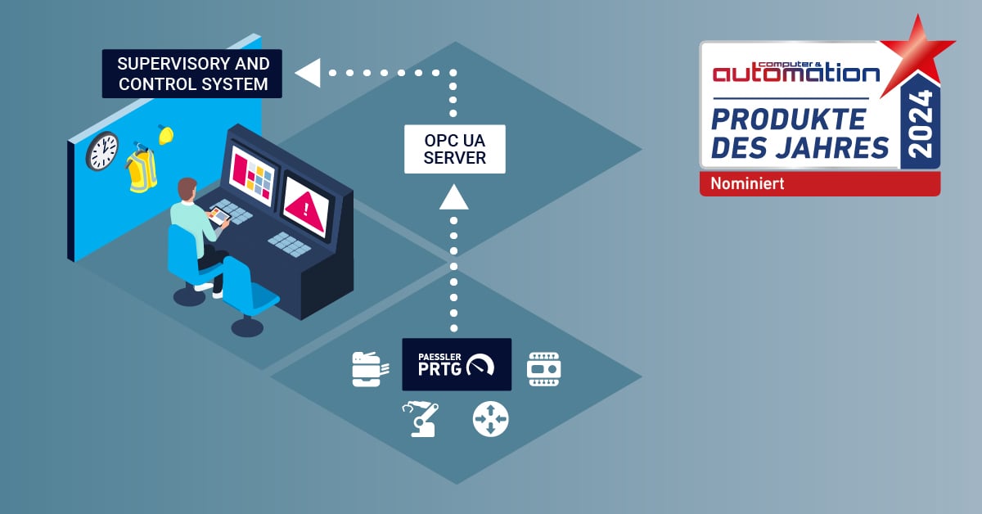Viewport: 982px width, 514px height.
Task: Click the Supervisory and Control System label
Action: (192, 74)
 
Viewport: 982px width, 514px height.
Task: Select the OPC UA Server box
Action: (455, 149)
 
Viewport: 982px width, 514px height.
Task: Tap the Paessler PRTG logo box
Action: (457, 364)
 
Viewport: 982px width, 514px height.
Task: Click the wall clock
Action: (102, 151)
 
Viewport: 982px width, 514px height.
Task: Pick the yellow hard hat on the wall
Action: (166, 135)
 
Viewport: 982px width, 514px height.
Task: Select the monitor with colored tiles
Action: (252, 175)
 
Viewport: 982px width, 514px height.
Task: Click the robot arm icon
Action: (421, 418)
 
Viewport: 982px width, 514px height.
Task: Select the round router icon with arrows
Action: (491, 418)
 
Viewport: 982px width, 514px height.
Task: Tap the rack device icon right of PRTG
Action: (543, 368)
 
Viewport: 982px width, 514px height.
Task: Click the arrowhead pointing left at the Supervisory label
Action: (308, 73)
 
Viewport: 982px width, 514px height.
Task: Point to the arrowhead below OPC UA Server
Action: (454, 197)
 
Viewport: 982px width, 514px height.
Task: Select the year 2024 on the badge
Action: (921, 124)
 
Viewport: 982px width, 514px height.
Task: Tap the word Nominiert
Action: (747, 184)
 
